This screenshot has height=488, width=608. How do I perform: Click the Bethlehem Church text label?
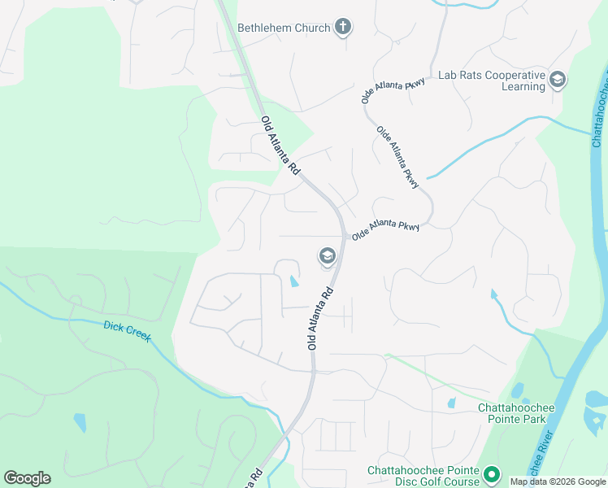284,28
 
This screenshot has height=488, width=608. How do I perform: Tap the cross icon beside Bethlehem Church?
343,28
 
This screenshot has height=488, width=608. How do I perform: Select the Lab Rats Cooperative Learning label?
491,81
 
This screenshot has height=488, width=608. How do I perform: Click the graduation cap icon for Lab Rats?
558,80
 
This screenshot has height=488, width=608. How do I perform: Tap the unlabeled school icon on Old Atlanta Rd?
327,257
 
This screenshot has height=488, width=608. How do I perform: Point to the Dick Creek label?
128,331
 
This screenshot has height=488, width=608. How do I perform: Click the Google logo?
27,478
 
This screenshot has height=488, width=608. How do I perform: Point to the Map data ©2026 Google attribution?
558,481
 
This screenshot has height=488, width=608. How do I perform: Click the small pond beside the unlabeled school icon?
293,282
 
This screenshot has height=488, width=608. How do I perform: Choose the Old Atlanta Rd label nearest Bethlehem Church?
280,145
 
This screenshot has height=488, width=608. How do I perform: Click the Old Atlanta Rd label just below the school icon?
321,318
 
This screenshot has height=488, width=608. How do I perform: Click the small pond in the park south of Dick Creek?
79,422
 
